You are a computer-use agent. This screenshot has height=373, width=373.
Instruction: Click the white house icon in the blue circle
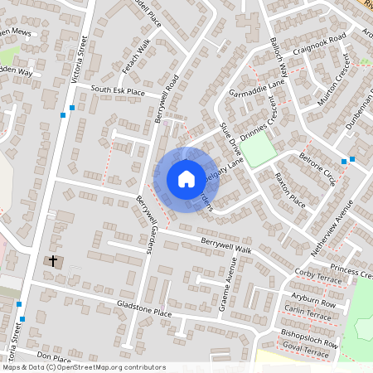186,179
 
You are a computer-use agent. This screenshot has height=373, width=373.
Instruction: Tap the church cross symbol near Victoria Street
53,261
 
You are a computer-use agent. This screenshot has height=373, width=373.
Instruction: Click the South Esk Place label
118,90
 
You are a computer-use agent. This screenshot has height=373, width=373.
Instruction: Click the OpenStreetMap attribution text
84,366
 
